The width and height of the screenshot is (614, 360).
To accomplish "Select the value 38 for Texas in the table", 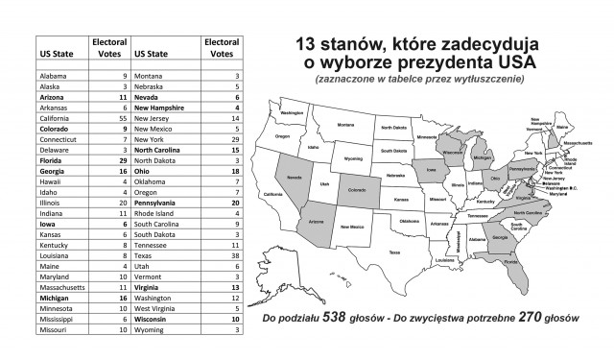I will [235, 259].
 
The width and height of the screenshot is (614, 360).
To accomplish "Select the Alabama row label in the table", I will [54, 74].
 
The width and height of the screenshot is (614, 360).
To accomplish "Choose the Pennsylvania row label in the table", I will [159, 204].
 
